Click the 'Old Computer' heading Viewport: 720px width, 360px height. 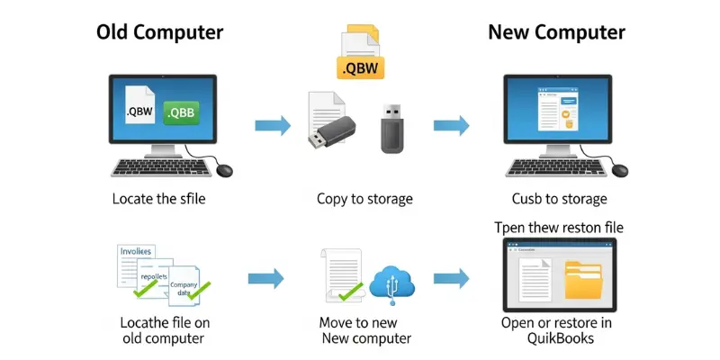pyautogui.click(x=160, y=33)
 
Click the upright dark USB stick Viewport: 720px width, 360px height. pyautogui.click(x=392, y=128)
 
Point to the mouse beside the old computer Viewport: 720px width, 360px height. pyautogui.click(x=222, y=169)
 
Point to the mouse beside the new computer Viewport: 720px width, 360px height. pyautogui.click(x=619, y=169)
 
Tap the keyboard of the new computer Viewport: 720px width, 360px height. pyautogui.click(x=551, y=168)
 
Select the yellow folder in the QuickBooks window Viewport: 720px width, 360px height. pyautogui.click(x=585, y=280)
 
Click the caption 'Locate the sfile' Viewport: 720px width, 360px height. pyautogui.click(x=159, y=199)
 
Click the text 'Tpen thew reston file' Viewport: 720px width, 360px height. pyautogui.click(x=559, y=228)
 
